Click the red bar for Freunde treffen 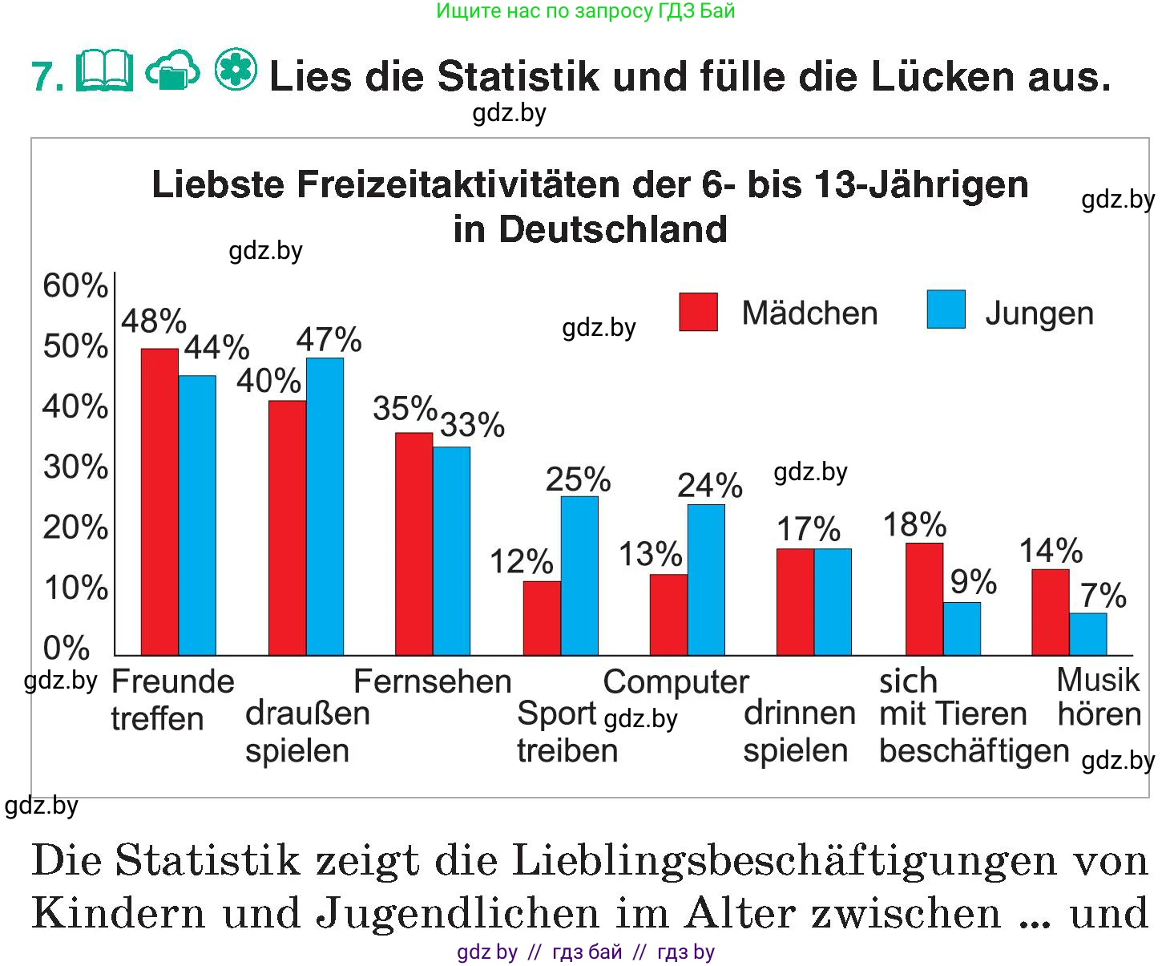159,501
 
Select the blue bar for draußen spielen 325,506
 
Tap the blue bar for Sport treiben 579,576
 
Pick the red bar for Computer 668,614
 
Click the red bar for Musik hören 1050,612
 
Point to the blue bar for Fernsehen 451,551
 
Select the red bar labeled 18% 924,599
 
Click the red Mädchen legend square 698,312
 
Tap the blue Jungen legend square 946,309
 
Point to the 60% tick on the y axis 75,286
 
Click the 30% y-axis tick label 75,467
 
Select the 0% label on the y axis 67,648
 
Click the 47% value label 329,340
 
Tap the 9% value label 973,583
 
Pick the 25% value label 578,479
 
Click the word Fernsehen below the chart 432,681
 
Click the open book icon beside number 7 104,73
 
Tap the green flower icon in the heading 236,70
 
